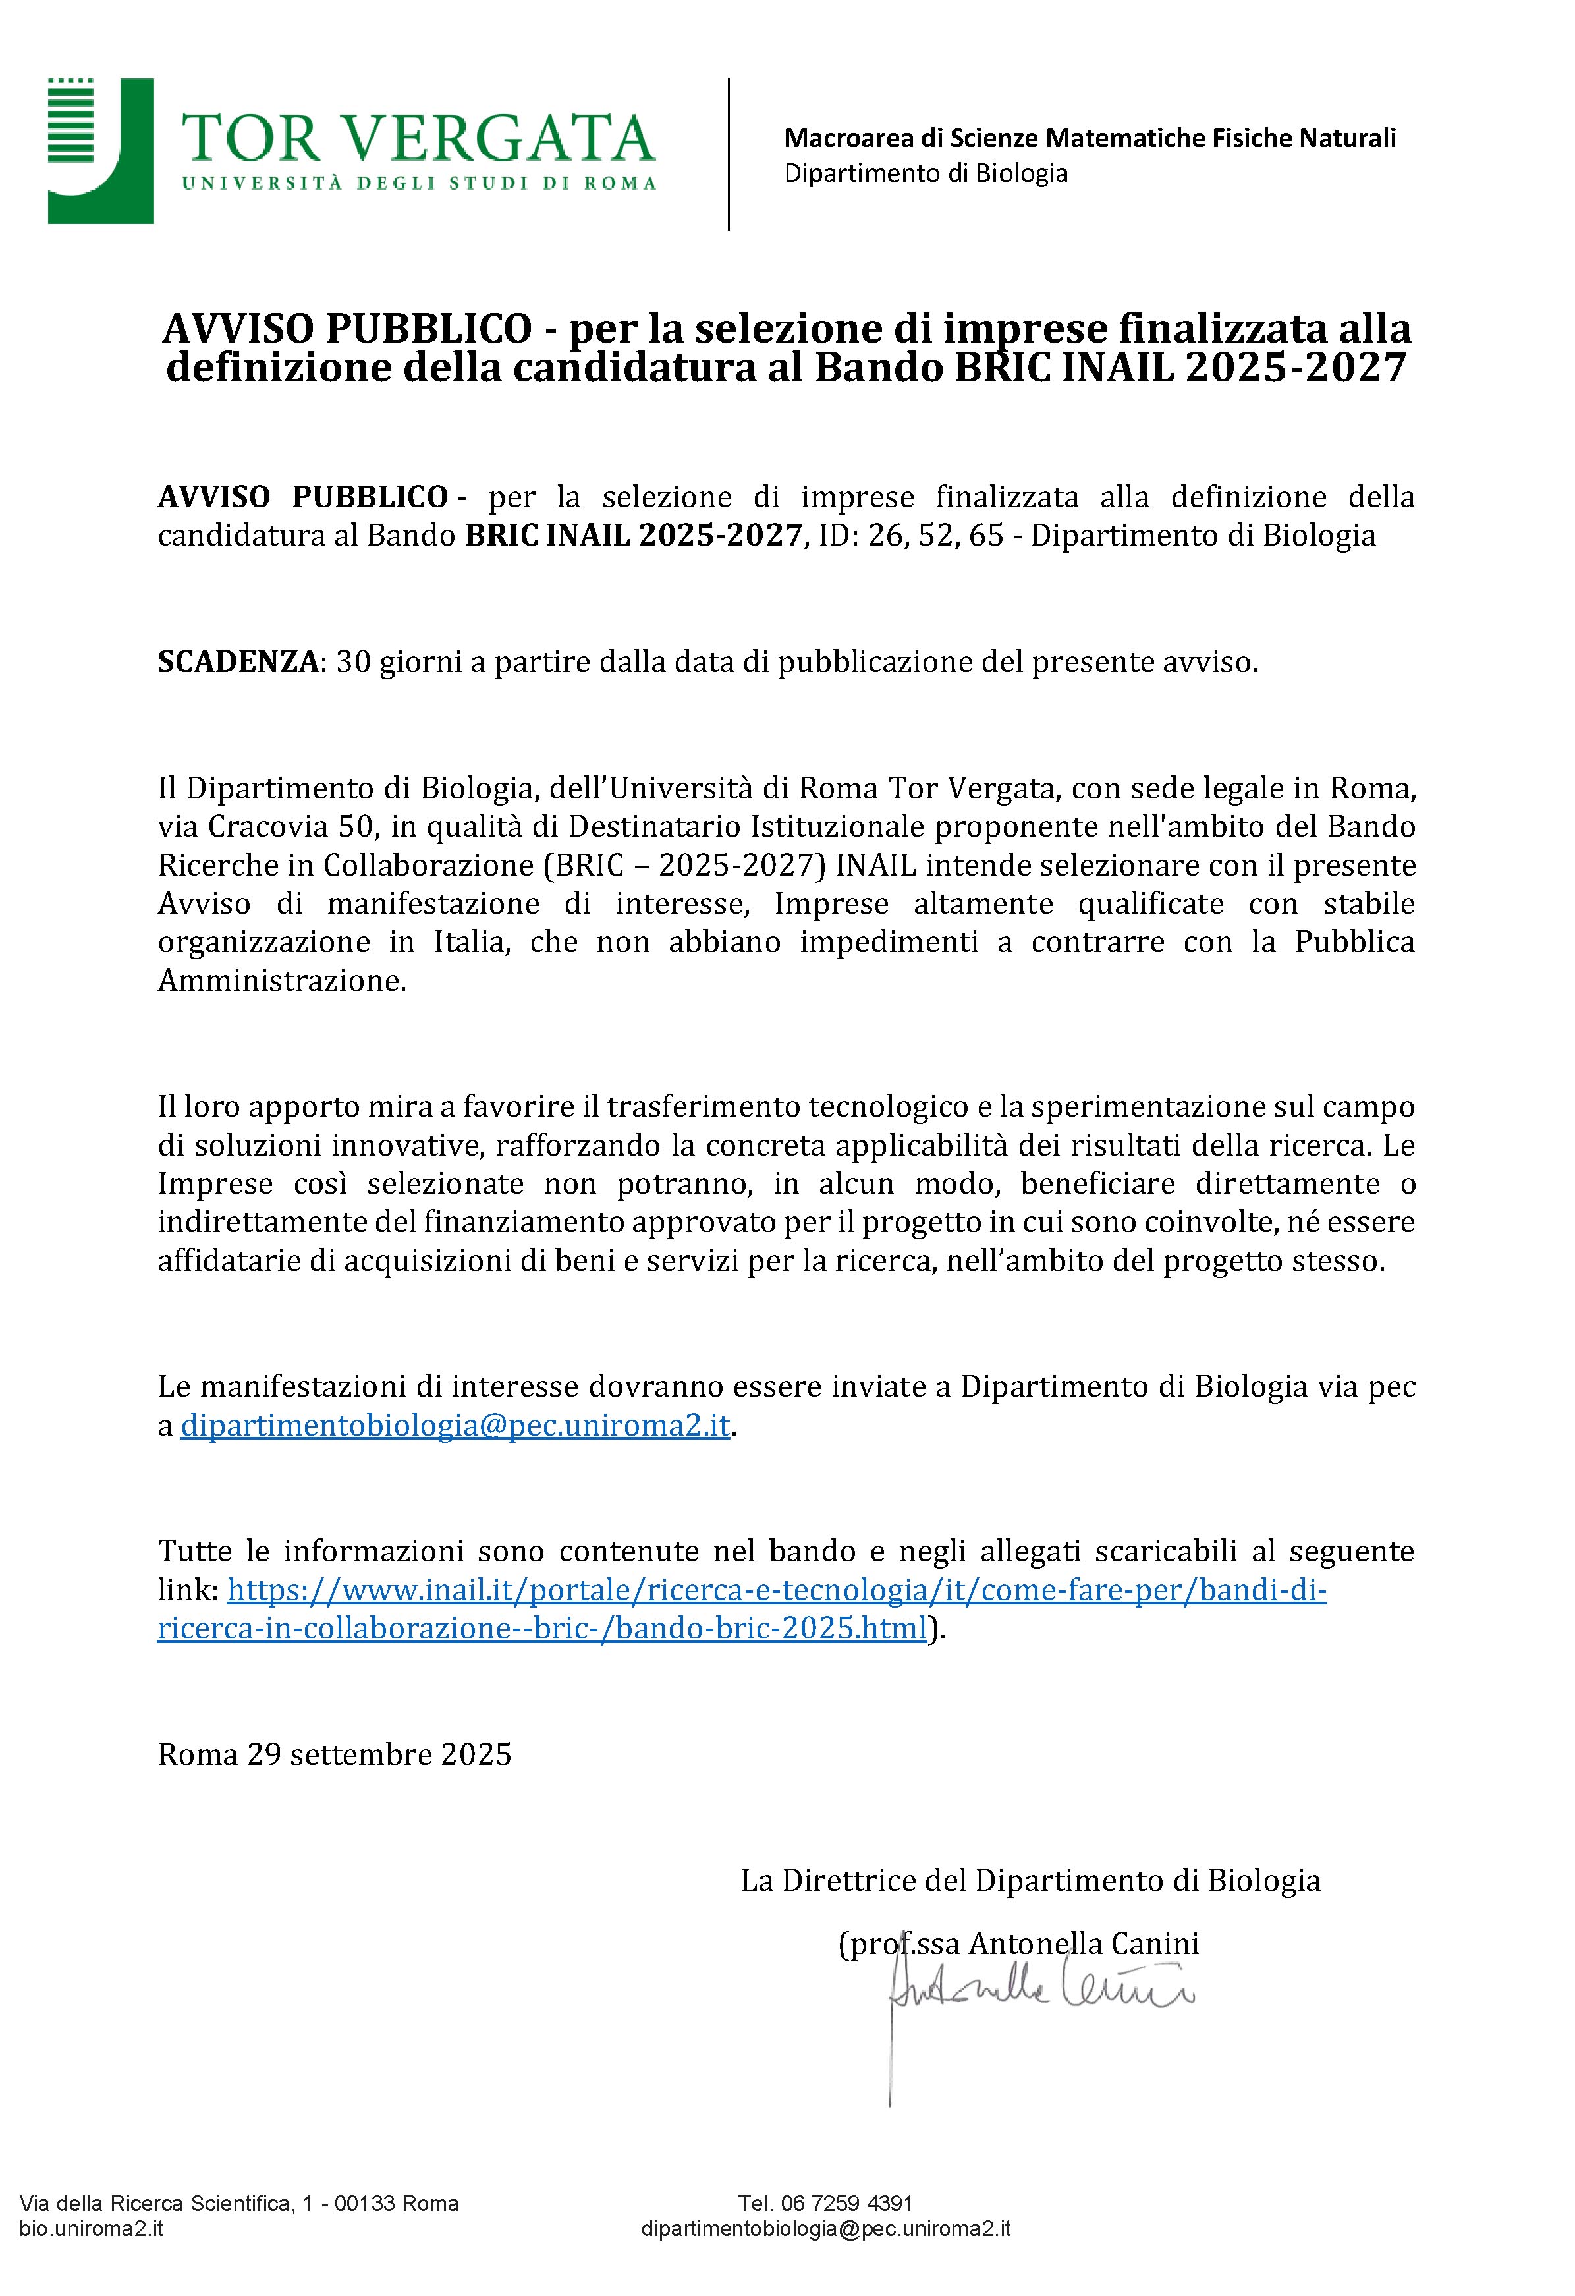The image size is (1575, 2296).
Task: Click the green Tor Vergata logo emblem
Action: pyautogui.click(x=100, y=150)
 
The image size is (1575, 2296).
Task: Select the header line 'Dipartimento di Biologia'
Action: pyautogui.click(x=926, y=173)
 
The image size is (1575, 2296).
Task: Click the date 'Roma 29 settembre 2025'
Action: pyautogui.click(x=335, y=1754)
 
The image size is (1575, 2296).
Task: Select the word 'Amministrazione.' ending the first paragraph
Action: pyautogui.click(x=283, y=981)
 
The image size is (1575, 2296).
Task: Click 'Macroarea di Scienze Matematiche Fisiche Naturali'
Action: pyautogui.click(x=1090, y=138)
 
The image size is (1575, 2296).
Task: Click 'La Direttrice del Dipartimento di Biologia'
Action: pyautogui.click(x=1030, y=1880)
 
